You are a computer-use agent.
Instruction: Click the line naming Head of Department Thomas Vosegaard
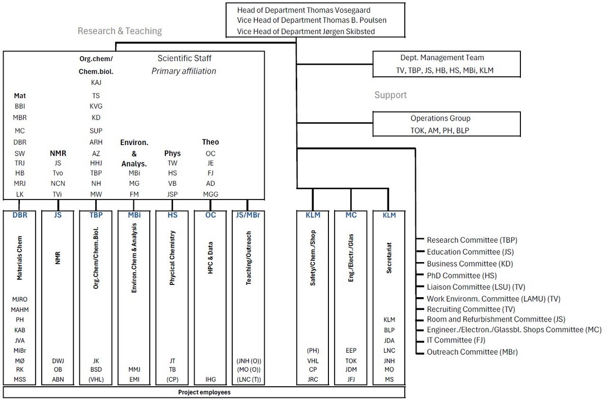(x=303, y=10)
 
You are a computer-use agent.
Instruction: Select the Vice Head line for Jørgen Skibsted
(x=306, y=32)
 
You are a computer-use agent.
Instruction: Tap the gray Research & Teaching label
(x=120, y=31)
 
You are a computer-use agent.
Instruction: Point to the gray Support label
(x=391, y=95)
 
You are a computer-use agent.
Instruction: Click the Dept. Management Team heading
(x=442, y=58)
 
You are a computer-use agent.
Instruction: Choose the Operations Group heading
(x=440, y=118)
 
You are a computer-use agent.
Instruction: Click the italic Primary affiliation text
(x=184, y=71)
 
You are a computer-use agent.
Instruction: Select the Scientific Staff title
(x=184, y=59)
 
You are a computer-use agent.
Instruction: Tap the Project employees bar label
(x=204, y=392)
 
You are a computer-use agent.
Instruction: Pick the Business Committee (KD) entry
(x=470, y=264)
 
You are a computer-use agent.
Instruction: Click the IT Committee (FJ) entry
(x=456, y=340)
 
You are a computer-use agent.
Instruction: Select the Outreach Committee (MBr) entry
(x=473, y=352)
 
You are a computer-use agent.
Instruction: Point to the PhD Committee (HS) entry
(x=462, y=276)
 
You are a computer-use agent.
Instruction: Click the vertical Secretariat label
(x=389, y=258)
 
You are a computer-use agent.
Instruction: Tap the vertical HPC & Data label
(x=210, y=257)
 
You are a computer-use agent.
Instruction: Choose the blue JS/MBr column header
(x=248, y=215)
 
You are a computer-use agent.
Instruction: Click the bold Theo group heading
(x=210, y=142)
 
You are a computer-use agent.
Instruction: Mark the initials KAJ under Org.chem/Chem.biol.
(x=96, y=82)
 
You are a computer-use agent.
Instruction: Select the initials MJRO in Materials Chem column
(x=20, y=300)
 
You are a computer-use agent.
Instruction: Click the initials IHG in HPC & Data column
(x=210, y=380)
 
